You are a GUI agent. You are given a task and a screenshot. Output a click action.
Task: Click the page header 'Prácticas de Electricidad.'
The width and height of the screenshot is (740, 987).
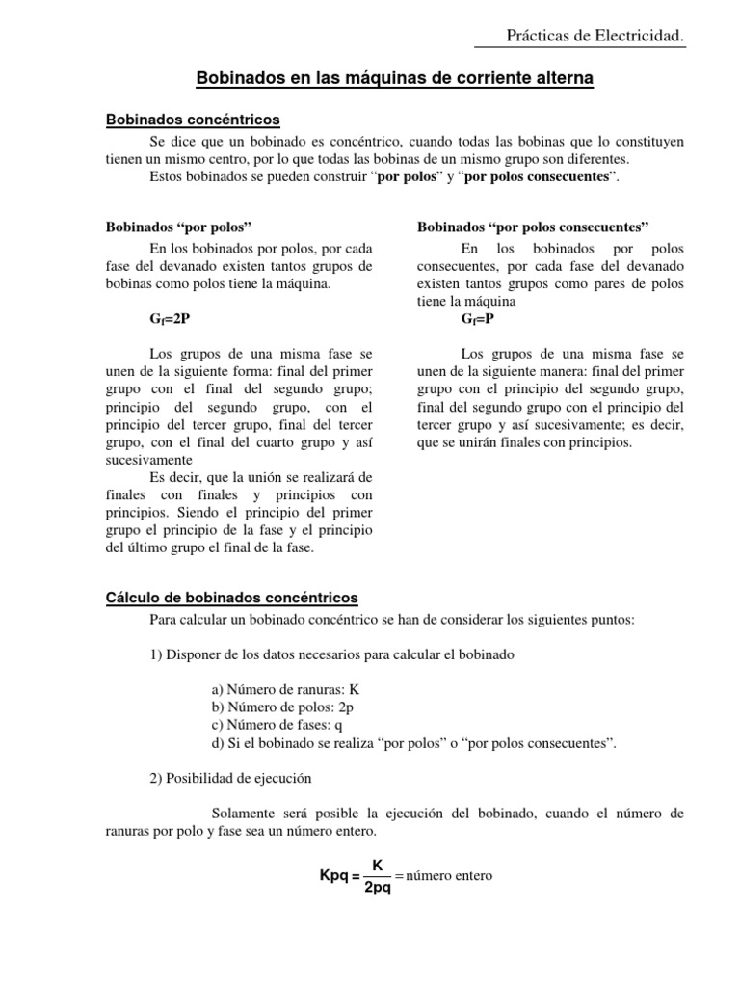[x=595, y=36]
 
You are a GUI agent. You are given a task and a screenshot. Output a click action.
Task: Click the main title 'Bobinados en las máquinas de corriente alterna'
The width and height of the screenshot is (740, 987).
[x=395, y=77]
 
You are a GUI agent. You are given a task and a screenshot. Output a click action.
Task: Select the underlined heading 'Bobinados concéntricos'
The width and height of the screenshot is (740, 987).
[x=192, y=120]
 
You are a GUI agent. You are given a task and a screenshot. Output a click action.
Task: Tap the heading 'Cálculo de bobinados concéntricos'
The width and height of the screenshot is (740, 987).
[x=231, y=598]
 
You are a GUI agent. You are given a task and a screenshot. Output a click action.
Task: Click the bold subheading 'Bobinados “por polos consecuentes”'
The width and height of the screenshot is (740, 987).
[x=533, y=227]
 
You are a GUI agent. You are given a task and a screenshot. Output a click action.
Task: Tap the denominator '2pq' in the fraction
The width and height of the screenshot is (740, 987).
[x=378, y=887]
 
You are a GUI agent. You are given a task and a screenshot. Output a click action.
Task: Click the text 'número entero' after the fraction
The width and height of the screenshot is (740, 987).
[x=449, y=876]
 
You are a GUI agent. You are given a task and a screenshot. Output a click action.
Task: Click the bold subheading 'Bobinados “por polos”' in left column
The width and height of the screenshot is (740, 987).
[x=177, y=227]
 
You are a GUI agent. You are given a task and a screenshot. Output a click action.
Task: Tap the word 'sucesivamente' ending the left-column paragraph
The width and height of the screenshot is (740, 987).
[x=147, y=461]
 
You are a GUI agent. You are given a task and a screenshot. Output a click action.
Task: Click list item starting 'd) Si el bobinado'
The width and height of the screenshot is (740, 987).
[x=412, y=743]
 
